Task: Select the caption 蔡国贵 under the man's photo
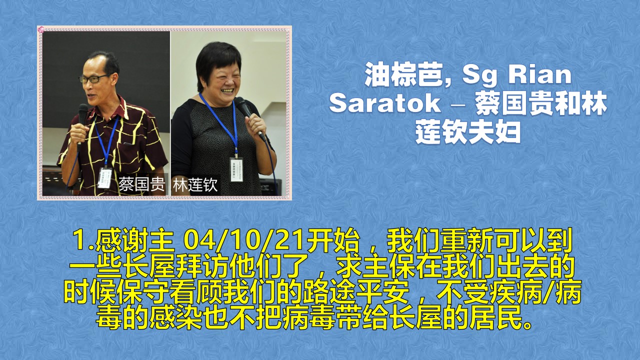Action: point(141,184)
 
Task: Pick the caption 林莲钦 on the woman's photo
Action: point(195,184)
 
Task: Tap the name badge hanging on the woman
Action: point(236,169)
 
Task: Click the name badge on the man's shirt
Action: point(105,177)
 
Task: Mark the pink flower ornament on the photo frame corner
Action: point(41,29)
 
